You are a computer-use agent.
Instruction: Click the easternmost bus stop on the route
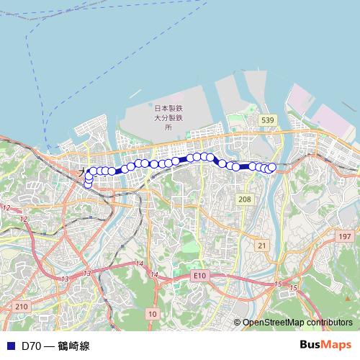[272, 167]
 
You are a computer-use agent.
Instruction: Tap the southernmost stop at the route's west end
[89, 184]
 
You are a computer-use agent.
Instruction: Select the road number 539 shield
[267, 120]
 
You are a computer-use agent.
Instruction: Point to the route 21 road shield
[262, 246]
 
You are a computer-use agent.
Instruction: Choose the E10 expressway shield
[199, 276]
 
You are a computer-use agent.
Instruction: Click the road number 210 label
[21, 307]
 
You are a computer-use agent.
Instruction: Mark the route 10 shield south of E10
[152, 313]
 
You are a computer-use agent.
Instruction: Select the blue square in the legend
[10, 346]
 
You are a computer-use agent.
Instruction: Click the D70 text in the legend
[30, 346]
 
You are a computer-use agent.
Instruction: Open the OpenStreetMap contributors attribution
[297, 323]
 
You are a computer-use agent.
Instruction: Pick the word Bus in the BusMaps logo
[312, 345]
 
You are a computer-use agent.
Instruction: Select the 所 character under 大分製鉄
[169, 127]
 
